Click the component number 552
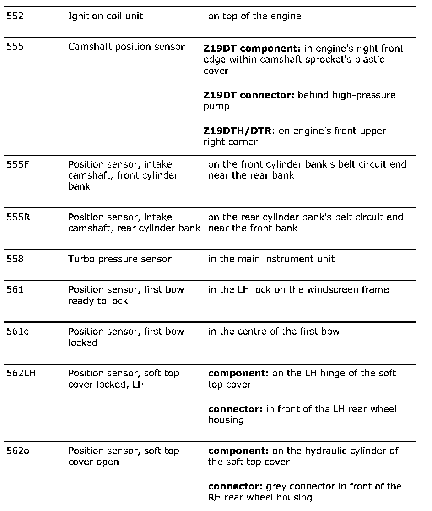(x=15, y=16)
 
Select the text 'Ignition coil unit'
(x=105, y=16)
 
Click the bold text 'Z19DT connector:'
(x=249, y=96)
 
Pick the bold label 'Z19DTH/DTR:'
(x=239, y=131)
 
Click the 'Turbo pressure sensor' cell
(x=119, y=259)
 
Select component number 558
(x=15, y=259)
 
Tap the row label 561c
(x=17, y=332)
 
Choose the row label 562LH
(x=21, y=373)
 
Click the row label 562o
(x=18, y=451)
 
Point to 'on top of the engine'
(x=254, y=16)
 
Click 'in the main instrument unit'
(x=271, y=259)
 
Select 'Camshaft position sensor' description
(x=126, y=47)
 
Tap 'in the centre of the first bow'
(x=274, y=332)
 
